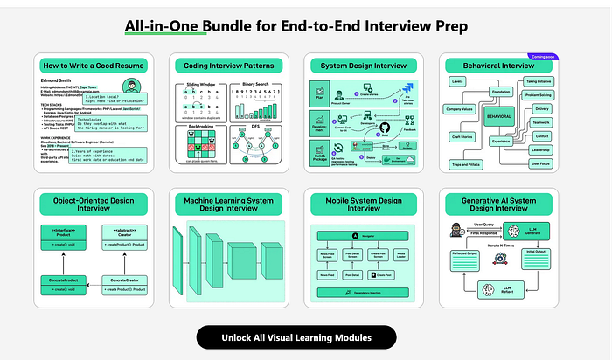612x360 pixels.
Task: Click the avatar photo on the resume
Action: [129, 87]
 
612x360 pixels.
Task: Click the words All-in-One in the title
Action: [163, 26]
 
